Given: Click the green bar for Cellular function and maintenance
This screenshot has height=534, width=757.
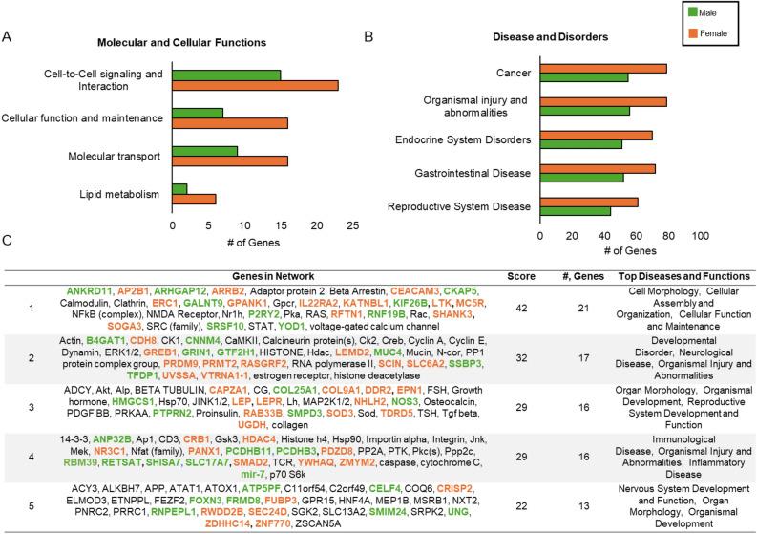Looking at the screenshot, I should [198, 113].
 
